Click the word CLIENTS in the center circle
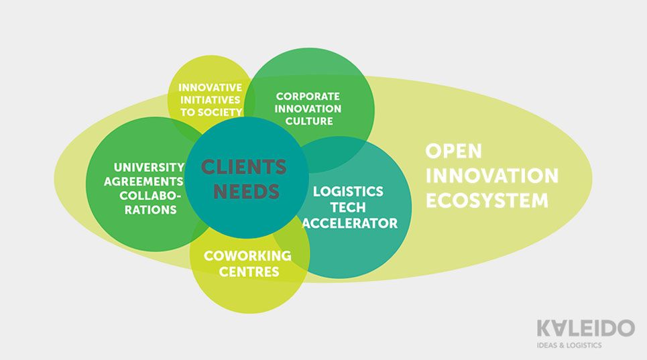[244, 167]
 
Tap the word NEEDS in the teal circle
[246, 192]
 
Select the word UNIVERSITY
[150, 168]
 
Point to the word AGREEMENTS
[143, 182]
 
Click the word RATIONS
[151, 209]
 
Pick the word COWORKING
[247, 255]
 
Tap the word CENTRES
[249, 272]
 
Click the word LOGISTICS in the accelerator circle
[348, 191]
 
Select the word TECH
[348, 207]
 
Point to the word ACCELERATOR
[350, 223]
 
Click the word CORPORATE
[308, 96]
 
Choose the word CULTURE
[309, 121]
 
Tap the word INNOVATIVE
[210, 87]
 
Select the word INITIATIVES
[210, 100]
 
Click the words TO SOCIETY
[211, 112]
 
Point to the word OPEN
[453, 151]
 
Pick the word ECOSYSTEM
[487, 201]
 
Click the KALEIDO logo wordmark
[585, 328]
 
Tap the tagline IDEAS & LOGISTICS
[569, 345]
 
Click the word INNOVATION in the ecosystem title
[492, 176]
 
